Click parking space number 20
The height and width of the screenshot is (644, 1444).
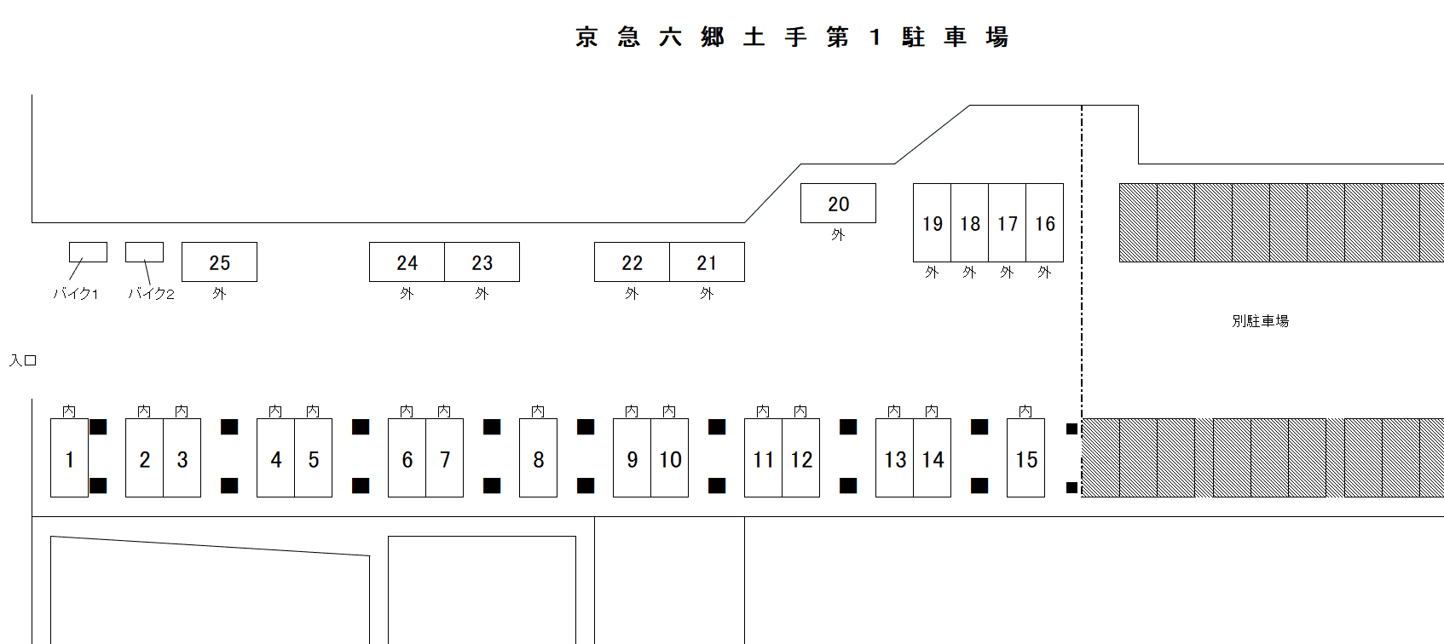(838, 204)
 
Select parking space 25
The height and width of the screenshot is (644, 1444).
(219, 262)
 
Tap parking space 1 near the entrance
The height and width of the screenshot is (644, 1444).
(69, 458)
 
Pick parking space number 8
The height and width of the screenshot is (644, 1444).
(538, 458)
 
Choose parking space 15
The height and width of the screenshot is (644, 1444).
(1025, 458)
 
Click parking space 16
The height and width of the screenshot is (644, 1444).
(1045, 223)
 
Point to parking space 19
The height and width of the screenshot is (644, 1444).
(932, 223)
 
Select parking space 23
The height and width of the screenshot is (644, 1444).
(482, 262)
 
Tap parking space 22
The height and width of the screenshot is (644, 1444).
(632, 262)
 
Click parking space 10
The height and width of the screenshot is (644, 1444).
(670, 458)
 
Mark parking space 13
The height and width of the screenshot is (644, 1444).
(894, 458)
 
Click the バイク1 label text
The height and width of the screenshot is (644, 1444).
(76, 294)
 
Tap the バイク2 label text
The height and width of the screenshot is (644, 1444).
(151, 294)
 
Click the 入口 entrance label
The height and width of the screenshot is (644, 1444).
(23, 360)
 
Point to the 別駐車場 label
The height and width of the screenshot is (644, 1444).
(1260, 321)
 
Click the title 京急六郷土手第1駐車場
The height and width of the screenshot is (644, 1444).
(792, 37)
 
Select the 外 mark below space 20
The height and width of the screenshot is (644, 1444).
(838, 234)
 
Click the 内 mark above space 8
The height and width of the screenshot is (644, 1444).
(538, 411)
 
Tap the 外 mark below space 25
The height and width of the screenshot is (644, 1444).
(219, 293)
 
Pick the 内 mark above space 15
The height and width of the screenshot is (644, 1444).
(1025, 411)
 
